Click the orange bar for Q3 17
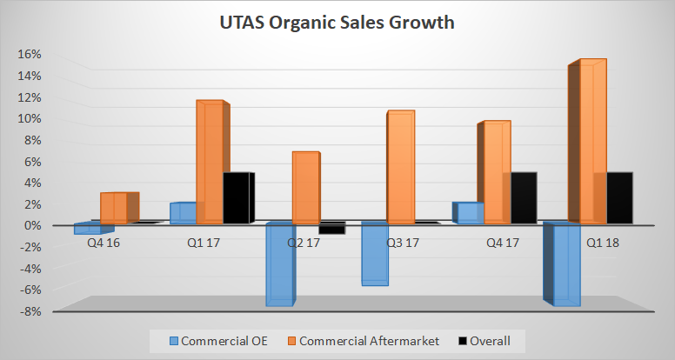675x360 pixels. (401, 167)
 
